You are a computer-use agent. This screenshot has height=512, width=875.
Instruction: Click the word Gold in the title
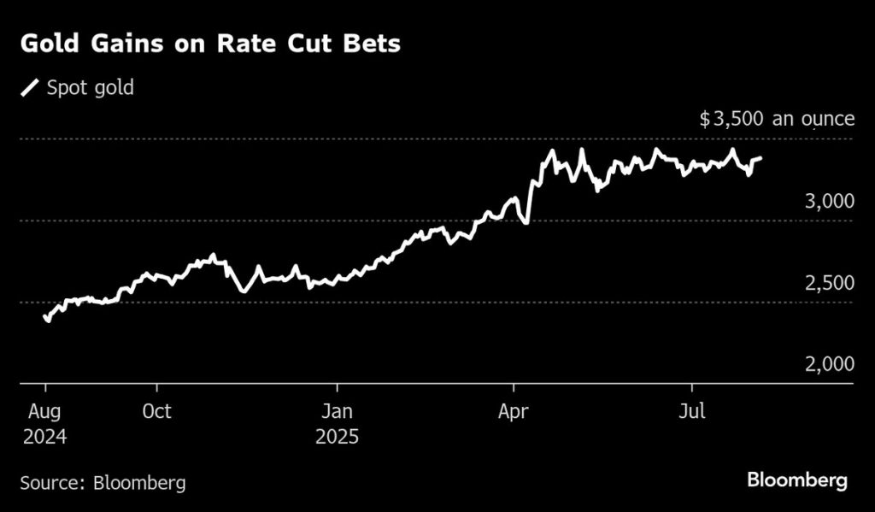pos(48,44)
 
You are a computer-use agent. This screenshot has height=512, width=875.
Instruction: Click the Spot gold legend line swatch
pos(30,88)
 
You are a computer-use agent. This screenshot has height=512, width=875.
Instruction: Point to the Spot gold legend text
pos(90,88)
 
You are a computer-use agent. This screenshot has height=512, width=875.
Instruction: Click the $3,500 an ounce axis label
pos(777,119)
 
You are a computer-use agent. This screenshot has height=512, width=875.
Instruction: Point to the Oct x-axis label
pos(156,412)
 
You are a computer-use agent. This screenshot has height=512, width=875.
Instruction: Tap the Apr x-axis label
pos(513,412)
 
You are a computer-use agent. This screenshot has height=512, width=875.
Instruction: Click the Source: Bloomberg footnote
pos(103,483)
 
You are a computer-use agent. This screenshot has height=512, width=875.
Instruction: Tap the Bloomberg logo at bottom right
pos(797,480)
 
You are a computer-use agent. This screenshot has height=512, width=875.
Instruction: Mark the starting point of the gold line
pos(44,316)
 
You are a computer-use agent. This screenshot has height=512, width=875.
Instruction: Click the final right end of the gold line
pos(760,158)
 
